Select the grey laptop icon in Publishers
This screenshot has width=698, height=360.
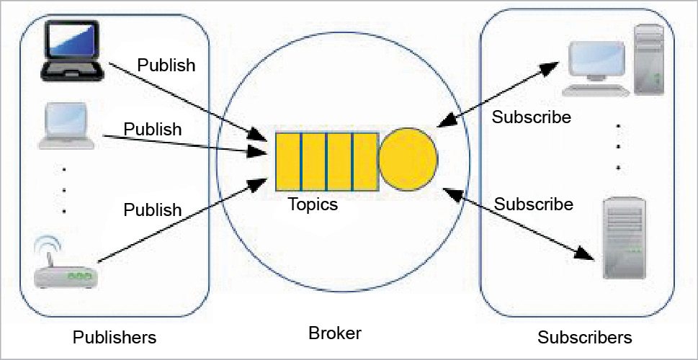click(x=66, y=125)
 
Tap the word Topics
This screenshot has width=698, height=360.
click(x=313, y=204)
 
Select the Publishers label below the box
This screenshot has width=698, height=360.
click(x=115, y=337)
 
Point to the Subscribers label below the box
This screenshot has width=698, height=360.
click(x=584, y=337)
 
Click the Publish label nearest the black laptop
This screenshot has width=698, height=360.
click(x=166, y=66)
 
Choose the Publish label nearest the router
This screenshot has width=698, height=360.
click(x=153, y=210)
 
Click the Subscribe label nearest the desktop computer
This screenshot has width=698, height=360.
click(x=531, y=117)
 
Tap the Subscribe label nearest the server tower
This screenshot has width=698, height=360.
click(x=534, y=204)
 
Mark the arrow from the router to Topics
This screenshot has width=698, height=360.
click(x=180, y=222)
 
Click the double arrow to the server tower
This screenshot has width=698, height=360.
click(x=519, y=224)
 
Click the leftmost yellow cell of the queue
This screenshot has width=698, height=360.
click(x=288, y=162)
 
